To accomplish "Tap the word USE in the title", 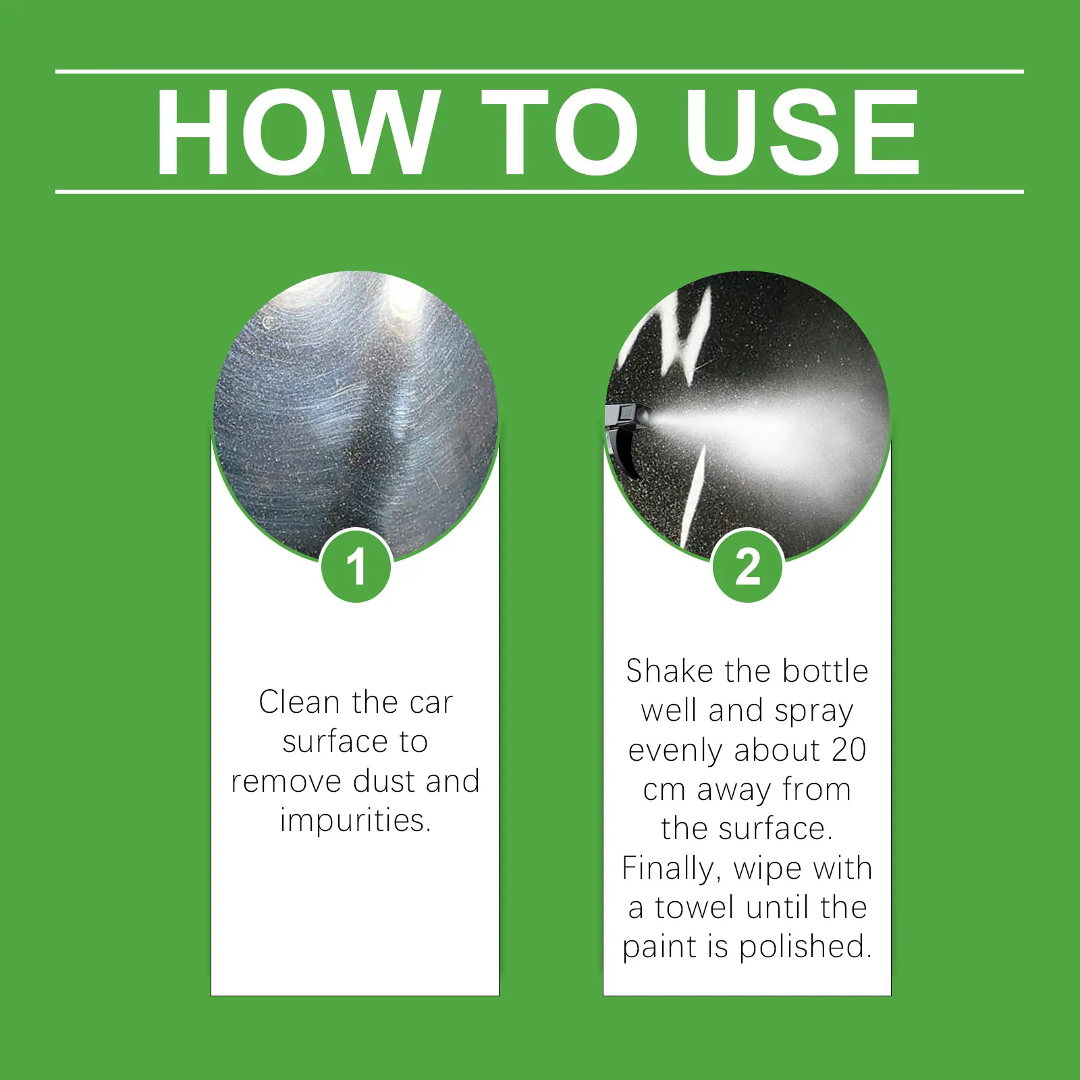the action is [x=803, y=132].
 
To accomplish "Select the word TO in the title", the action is [x=560, y=132].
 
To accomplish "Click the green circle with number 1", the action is [x=356, y=566].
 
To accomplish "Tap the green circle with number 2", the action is [x=747, y=566].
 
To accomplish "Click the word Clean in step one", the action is [x=299, y=702].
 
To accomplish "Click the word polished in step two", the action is [x=801, y=947].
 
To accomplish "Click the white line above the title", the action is [x=539, y=71].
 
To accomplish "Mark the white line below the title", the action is [x=539, y=192].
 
